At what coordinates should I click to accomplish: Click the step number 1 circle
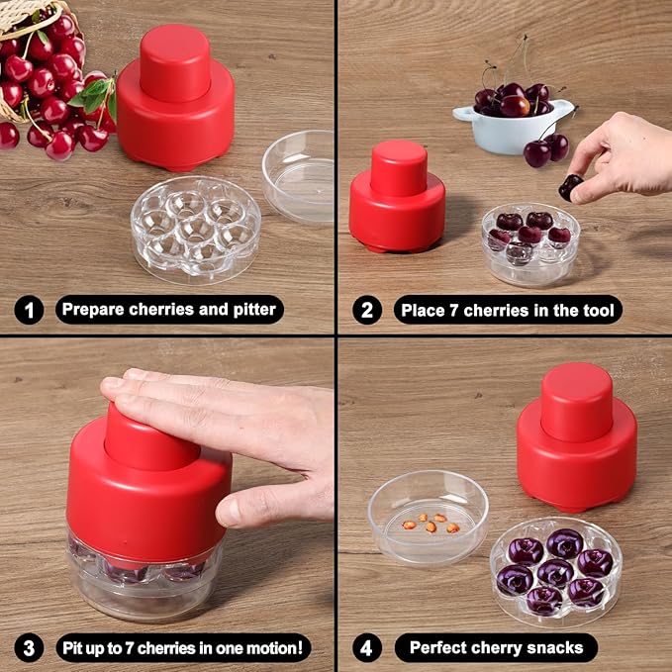(29, 310)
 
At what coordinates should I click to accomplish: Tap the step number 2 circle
(367, 310)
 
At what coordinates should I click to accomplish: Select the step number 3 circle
(29, 648)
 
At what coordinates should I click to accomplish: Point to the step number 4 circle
(367, 648)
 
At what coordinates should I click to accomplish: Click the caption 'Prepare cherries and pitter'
(169, 310)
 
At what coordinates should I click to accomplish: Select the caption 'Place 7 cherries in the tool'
(508, 310)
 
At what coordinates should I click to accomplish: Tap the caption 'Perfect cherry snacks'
(496, 648)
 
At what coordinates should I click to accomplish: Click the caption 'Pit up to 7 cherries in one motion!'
(183, 648)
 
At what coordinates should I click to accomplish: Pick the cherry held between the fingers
(571, 186)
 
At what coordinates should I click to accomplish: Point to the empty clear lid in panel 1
(299, 175)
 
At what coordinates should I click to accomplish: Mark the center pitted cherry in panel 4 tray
(556, 572)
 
